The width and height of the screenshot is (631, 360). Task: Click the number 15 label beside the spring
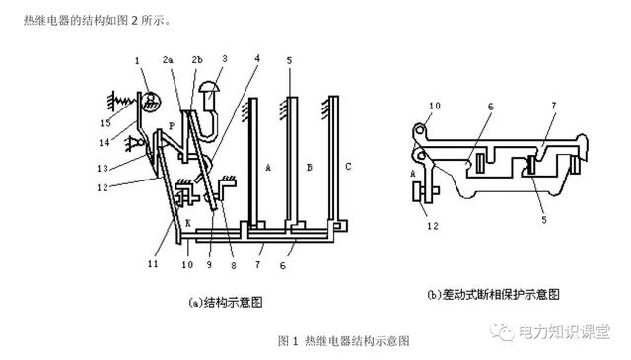click(105, 123)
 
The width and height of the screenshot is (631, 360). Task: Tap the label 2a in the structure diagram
click(168, 60)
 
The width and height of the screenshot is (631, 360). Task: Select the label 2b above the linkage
click(197, 60)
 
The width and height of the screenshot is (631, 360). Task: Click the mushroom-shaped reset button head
click(209, 86)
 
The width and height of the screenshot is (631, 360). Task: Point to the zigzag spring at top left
click(123, 99)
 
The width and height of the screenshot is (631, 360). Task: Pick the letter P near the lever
click(172, 126)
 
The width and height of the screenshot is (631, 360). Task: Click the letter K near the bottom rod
click(187, 223)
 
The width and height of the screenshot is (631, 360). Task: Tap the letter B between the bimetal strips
click(309, 167)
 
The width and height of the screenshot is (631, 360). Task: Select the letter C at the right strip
click(348, 166)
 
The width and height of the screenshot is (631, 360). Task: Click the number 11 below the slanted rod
click(153, 264)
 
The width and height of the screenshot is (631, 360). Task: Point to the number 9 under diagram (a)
click(209, 265)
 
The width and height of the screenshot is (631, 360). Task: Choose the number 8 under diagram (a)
click(234, 265)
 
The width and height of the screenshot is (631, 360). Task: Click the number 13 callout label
click(103, 168)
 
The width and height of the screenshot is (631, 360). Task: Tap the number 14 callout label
click(105, 142)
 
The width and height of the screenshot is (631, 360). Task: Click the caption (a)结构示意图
click(226, 302)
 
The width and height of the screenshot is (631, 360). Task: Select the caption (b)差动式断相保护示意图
click(493, 294)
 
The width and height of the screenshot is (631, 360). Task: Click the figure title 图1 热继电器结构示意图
click(344, 341)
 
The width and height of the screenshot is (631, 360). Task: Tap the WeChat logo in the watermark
click(502, 331)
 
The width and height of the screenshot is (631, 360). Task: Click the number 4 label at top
click(257, 58)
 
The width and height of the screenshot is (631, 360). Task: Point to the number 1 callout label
click(137, 61)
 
